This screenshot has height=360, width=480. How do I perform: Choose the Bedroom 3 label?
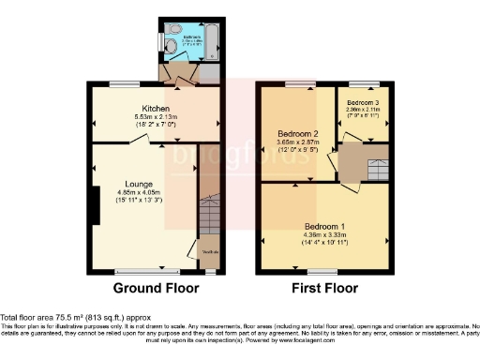tap(363, 101)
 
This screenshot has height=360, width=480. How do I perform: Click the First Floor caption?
tap(322, 289)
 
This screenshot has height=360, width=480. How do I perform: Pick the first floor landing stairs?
tap(376, 170)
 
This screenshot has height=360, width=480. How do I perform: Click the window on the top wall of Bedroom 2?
tap(300, 83)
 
